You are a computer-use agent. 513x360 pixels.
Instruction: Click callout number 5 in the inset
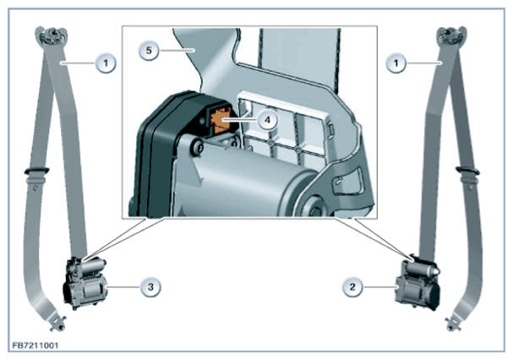coord(149,51)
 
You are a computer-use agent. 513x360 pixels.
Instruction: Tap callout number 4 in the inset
coord(267,120)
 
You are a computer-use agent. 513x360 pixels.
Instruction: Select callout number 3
coord(150,287)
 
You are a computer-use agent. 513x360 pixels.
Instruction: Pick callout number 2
coord(352,287)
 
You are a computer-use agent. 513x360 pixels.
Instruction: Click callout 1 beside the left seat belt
coord(106,63)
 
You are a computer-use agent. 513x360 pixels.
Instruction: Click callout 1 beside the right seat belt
coord(396,63)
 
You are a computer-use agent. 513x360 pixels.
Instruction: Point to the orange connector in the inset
coord(220,121)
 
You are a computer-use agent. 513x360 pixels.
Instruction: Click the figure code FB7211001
coord(35,346)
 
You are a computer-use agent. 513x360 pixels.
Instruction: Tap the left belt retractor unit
coord(85,283)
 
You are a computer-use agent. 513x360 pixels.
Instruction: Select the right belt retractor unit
coord(418,282)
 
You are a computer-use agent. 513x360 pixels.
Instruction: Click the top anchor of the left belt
coord(52,35)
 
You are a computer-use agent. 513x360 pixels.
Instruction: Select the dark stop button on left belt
coord(36,171)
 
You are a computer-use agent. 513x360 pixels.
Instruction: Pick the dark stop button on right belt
coord(467,170)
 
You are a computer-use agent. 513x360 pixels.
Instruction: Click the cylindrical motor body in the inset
coord(242,183)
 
